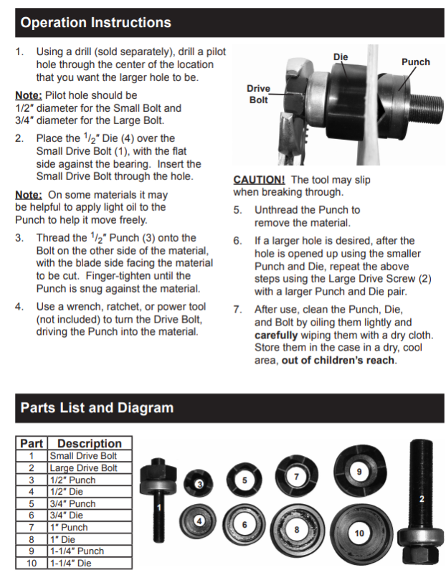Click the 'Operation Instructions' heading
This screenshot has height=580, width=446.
(x=96, y=23)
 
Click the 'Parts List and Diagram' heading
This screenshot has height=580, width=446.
(x=97, y=408)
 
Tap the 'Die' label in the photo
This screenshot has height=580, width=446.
(x=341, y=56)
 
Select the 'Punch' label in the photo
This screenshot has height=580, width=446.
(x=415, y=62)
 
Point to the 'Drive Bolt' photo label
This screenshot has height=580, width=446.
(x=259, y=94)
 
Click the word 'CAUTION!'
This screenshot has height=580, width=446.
(x=259, y=180)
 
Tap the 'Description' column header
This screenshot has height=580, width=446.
(x=90, y=443)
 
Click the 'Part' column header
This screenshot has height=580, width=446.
(x=32, y=443)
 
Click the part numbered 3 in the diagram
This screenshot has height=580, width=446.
(x=199, y=485)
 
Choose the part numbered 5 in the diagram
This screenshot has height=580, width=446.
(x=245, y=480)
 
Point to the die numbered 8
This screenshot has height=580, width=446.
(x=296, y=529)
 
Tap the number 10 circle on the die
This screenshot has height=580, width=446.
(x=359, y=533)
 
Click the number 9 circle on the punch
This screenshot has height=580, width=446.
(x=359, y=471)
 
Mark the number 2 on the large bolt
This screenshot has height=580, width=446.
(x=422, y=498)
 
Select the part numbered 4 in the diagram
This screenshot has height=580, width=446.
(x=199, y=521)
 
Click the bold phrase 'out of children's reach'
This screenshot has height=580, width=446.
(x=338, y=360)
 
